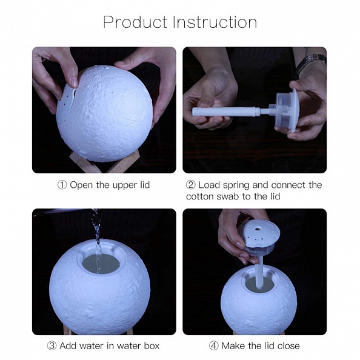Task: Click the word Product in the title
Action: tap(135, 22)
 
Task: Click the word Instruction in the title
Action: tap(215, 22)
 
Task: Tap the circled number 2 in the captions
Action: tap(191, 185)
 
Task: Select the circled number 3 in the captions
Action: tap(53, 346)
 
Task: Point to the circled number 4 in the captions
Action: tap(214, 346)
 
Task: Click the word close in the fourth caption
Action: tap(287, 346)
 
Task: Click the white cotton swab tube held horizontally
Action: tap(224, 112)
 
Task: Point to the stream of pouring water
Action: tap(95, 230)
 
